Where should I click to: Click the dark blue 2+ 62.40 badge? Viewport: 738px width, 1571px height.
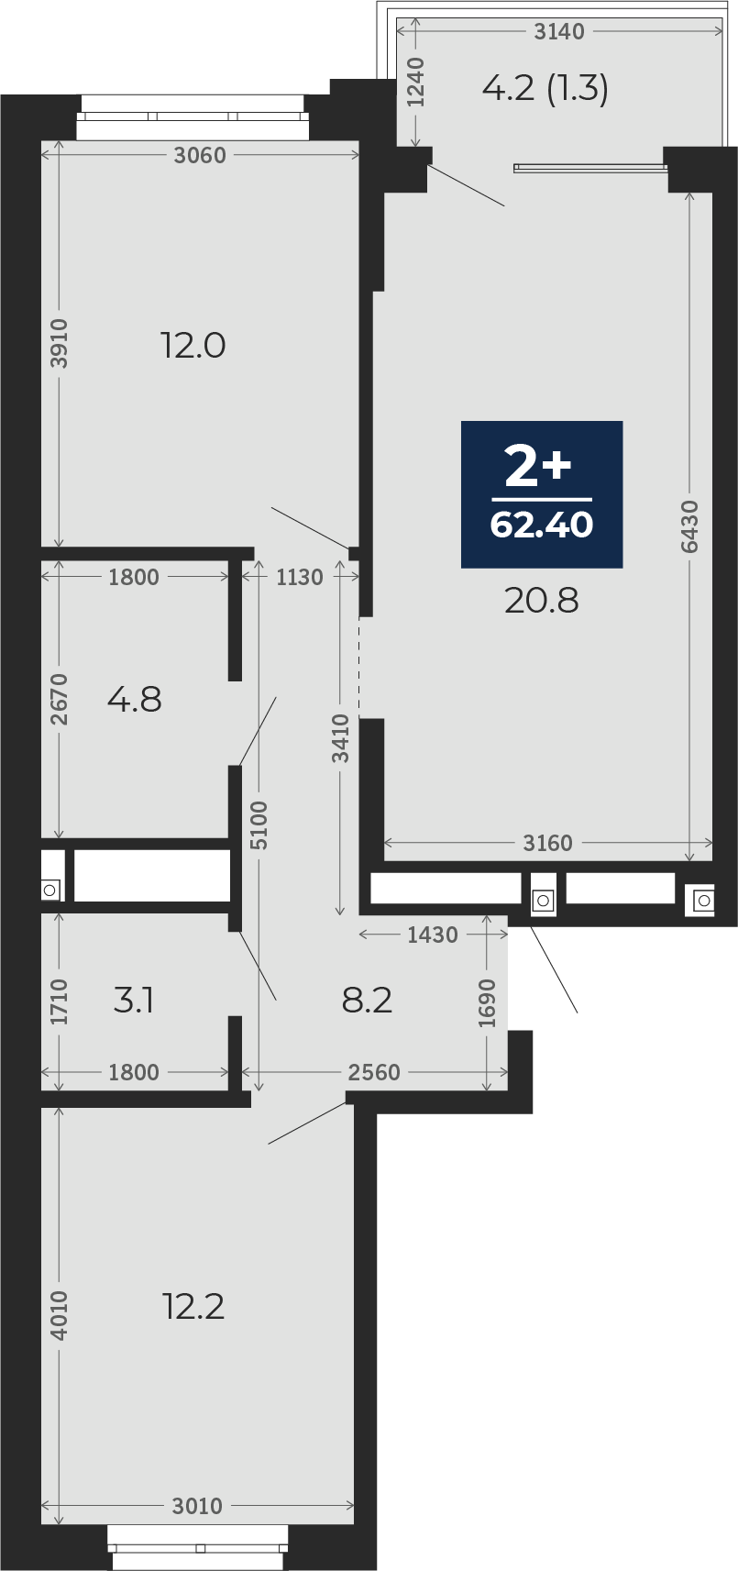click(542, 493)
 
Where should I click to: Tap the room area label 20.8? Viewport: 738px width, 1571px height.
click(542, 601)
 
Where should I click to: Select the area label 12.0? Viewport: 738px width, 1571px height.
click(193, 346)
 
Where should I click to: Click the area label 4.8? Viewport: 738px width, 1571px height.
click(135, 700)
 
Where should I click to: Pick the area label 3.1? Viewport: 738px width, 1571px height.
click(134, 1001)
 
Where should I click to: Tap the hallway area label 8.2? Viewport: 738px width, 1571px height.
click(368, 1001)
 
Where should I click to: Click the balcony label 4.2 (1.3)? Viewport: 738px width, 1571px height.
click(545, 89)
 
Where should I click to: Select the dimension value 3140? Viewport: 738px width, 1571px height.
click(559, 31)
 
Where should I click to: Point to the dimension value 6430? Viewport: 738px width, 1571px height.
click(690, 526)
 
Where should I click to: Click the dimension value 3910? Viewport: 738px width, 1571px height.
click(60, 343)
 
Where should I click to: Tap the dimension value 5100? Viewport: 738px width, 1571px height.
click(259, 825)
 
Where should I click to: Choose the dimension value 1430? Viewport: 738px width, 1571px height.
click(433, 935)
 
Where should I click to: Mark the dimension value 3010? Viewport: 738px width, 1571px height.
click(197, 1506)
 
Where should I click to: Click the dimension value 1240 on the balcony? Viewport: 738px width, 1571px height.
click(416, 82)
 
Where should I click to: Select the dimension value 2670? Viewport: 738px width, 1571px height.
click(60, 699)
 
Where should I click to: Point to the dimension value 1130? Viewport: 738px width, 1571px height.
click(300, 577)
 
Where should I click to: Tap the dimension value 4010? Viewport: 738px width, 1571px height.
click(60, 1316)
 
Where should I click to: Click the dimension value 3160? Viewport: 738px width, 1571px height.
click(548, 843)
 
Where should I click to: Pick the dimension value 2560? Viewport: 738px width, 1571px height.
click(374, 1072)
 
